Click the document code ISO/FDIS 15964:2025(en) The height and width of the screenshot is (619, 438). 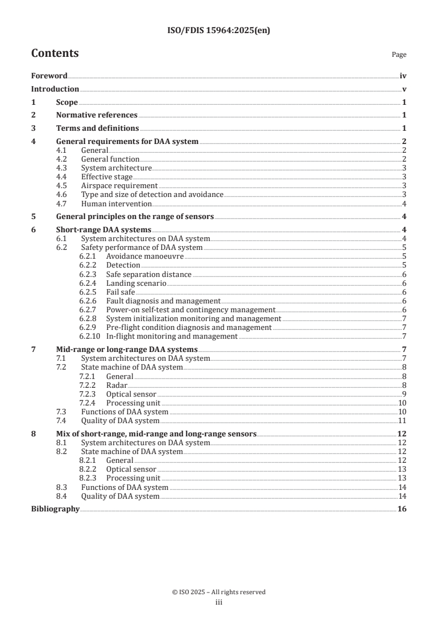coord(219,31)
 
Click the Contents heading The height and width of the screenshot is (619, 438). coord(55,54)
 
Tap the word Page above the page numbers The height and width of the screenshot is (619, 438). coord(399,55)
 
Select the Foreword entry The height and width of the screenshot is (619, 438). coord(49,76)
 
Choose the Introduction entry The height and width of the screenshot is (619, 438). coord(55,89)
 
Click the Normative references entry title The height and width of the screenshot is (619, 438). coord(97,115)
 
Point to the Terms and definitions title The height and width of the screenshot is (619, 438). coord(97,129)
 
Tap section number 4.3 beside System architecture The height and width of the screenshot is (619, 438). coord(63,168)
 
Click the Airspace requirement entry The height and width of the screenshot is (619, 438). coord(119,185)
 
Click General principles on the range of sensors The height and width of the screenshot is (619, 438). coord(135,216)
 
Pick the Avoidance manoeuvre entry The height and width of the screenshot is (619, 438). coord(145,257)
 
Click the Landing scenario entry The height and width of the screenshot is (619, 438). coord(136,283)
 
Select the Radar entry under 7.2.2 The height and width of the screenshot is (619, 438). coord(117,385)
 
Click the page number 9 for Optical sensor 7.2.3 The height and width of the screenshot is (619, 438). coord(404,394)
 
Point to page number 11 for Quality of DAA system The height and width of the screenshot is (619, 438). coord(403,420)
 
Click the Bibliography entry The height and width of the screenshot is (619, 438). coord(55,509)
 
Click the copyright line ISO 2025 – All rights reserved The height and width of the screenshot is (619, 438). coord(219,592)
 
